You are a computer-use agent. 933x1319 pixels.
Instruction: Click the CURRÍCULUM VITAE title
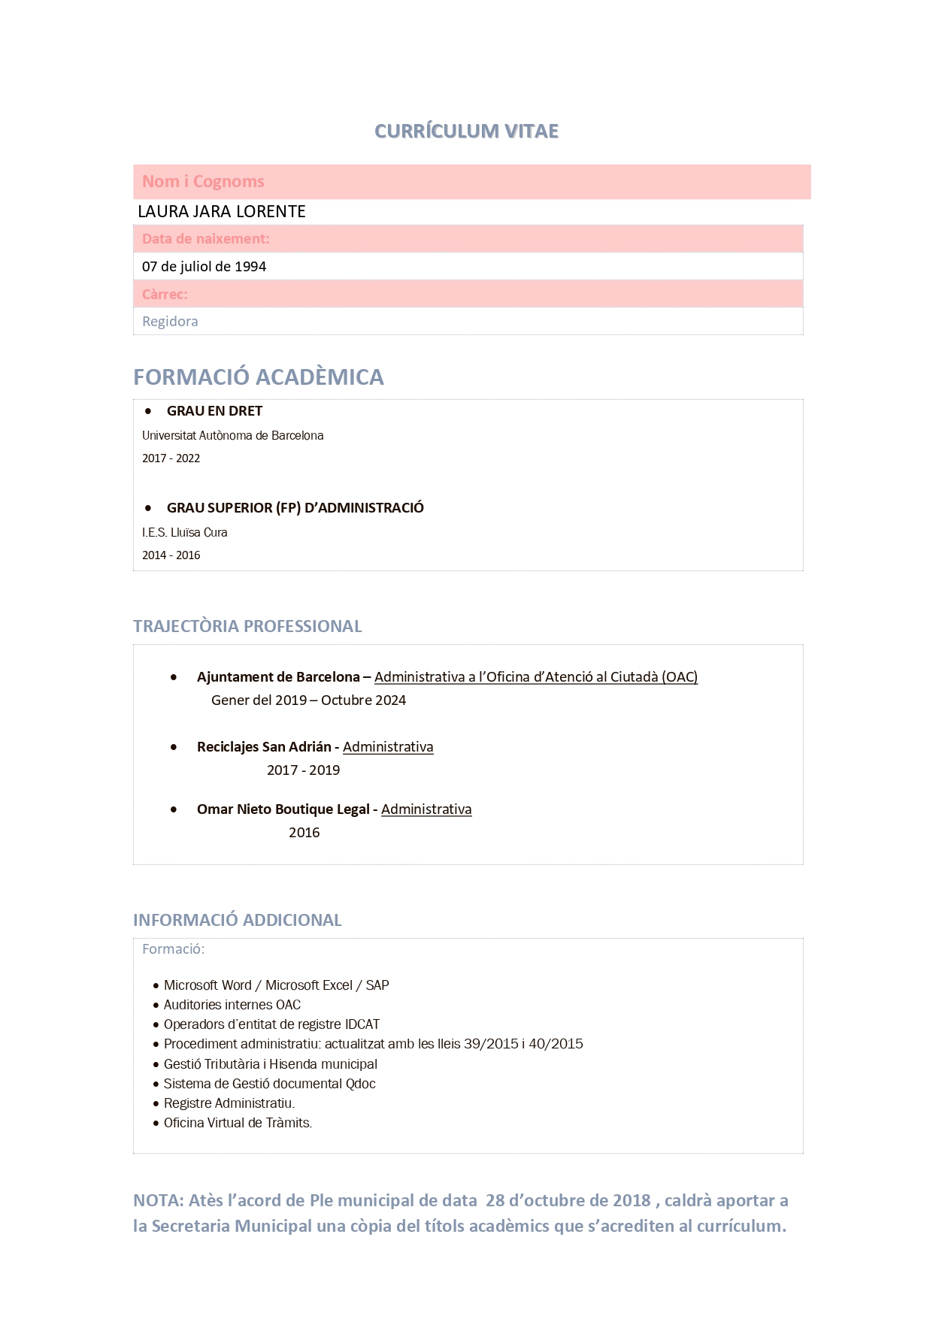pos(466,131)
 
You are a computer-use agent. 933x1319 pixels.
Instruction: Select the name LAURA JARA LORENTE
pos(222,212)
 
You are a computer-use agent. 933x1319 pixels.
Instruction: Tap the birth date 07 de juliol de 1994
pos(204,267)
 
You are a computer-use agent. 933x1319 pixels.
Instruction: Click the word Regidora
pos(170,322)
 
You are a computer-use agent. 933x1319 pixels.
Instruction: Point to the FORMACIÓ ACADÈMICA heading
pos(258,377)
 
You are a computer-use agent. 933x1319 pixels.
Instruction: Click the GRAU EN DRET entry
pos(214,411)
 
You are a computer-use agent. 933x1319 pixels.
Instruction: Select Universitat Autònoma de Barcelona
pos(232,436)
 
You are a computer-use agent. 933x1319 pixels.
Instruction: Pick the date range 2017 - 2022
pos(171,458)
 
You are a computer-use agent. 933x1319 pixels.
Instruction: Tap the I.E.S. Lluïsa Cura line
pos(184,533)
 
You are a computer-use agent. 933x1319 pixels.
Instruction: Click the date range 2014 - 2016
pos(171,555)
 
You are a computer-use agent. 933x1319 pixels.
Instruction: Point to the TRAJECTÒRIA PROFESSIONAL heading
pos(247,626)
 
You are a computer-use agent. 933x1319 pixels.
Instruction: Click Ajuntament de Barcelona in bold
pos(278,677)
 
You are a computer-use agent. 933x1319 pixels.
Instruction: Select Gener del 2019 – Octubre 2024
pos(308,700)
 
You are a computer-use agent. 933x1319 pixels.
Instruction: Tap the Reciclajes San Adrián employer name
pos(264,747)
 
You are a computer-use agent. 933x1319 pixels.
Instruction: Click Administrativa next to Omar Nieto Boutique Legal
pos(426,809)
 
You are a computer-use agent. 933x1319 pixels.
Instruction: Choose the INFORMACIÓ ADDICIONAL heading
pos(237,920)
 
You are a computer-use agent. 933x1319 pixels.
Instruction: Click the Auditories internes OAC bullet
pos(232,1005)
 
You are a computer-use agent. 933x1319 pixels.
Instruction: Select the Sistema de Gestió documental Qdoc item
pos(269,1084)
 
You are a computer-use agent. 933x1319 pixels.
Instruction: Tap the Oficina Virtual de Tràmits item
pos(238,1123)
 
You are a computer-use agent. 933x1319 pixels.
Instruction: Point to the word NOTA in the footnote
pos(156,1201)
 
